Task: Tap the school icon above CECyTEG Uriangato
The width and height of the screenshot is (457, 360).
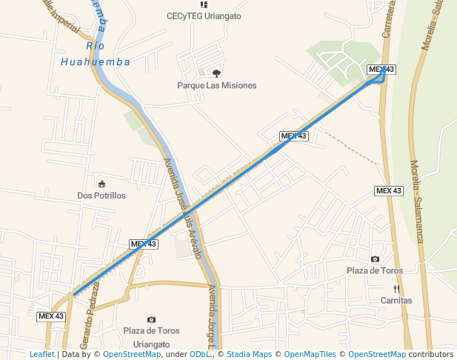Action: pyautogui.click(x=204, y=4)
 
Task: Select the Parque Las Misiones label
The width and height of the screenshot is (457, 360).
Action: pyautogui.click(x=216, y=85)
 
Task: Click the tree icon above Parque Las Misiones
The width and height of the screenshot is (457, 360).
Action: pyautogui.click(x=216, y=73)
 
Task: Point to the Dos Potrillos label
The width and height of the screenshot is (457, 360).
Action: pyautogui.click(x=101, y=196)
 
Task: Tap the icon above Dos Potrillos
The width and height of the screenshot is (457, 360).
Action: pyautogui.click(x=101, y=184)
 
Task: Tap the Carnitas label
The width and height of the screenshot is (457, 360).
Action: pyautogui.click(x=396, y=301)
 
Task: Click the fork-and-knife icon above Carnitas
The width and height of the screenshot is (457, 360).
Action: pyautogui.click(x=396, y=289)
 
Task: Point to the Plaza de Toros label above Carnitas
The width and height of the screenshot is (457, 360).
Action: pyautogui.click(x=375, y=270)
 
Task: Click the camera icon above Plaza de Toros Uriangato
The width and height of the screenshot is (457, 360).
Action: pyautogui.click(x=152, y=319)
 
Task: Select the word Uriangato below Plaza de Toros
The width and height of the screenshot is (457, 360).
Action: pyautogui.click(x=151, y=344)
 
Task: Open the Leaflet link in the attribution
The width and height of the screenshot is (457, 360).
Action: pyautogui.click(x=41, y=354)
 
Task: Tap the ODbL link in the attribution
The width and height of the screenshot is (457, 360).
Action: pyautogui.click(x=201, y=354)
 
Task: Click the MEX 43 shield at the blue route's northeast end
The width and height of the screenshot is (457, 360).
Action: pyautogui.click(x=381, y=70)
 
